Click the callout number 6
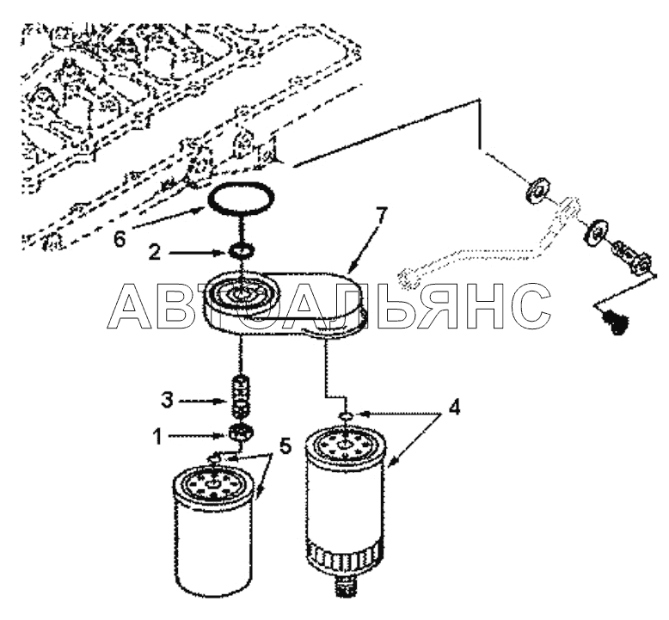tap(120, 239)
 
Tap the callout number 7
tap(381, 217)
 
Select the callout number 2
tap(154, 253)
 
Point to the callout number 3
tap(167, 401)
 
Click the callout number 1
tap(158, 437)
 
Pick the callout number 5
tap(285, 446)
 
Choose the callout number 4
tap(455, 407)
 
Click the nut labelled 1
tap(242, 433)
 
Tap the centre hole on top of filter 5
tap(212, 484)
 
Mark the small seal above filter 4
tap(345, 415)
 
